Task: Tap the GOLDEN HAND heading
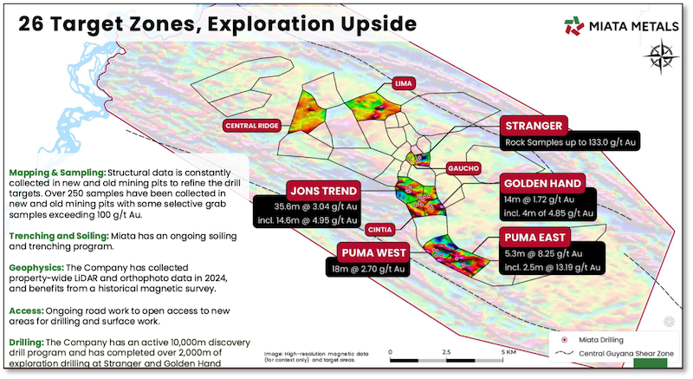coord(542,185)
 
